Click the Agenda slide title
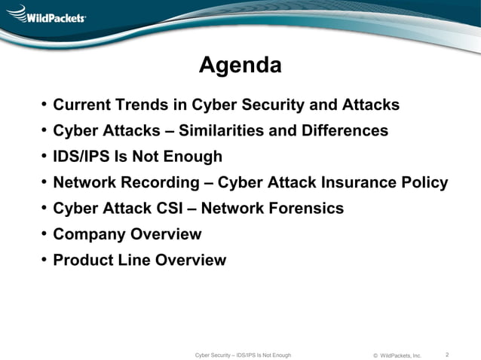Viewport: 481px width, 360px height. (240, 66)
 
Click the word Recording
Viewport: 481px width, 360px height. (159, 183)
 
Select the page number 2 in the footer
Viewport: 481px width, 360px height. (447, 354)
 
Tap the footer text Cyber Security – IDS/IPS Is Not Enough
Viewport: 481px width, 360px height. (243, 355)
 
